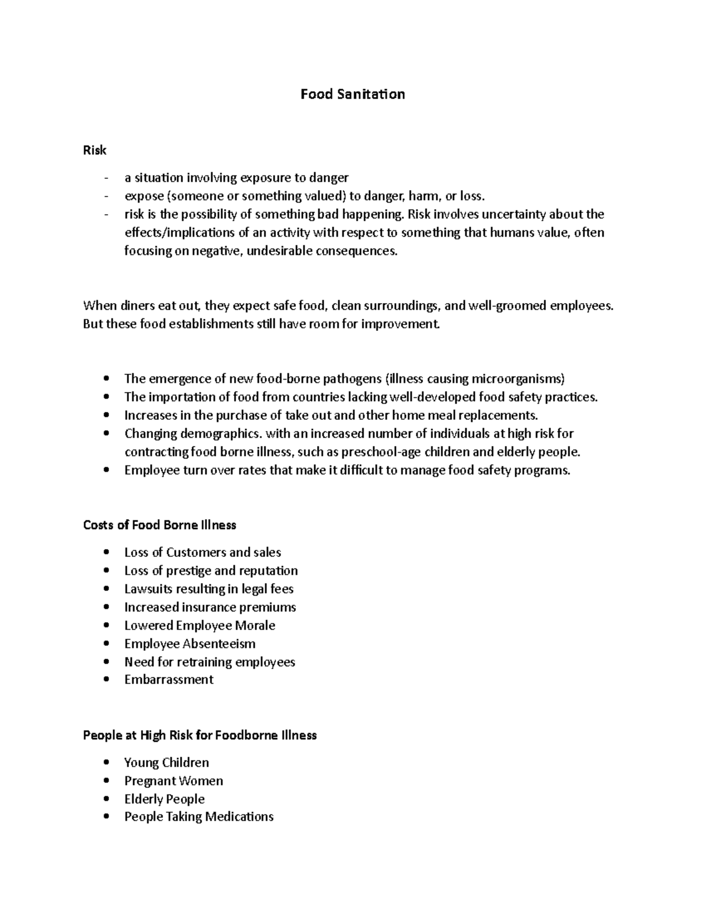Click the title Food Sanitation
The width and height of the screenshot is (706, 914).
pyautogui.click(x=352, y=94)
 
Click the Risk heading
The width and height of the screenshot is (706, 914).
pyautogui.click(x=95, y=150)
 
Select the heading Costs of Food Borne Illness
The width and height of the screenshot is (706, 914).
pyautogui.click(x=159, y=524)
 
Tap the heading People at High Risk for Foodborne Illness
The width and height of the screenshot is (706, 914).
pyautogui.click(x=200, y=735)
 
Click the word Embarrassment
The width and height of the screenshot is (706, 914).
pyautogui.click(x=169, y=679)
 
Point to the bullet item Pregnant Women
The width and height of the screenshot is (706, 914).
pyautogui.click(x=174, y=780)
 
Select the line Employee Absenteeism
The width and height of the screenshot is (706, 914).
pyautogui.click(x=190, y=643)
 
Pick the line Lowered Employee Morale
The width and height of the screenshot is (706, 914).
pyautogui.click(x=199, y=625)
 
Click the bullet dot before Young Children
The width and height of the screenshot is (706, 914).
pyautogui.click(x=106, y=763)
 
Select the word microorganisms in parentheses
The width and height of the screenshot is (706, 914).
pyautogui.click(x=509, y=378)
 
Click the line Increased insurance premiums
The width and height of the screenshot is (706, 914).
pyautogui.click(x=210, y=607)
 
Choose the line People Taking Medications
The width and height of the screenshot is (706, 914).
pyautogui.click(x=199, y=816)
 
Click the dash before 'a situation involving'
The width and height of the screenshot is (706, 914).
pyautogui.click(x=106, y=178)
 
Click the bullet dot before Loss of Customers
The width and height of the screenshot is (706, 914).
pyautogui.click(x=106, y=553)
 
